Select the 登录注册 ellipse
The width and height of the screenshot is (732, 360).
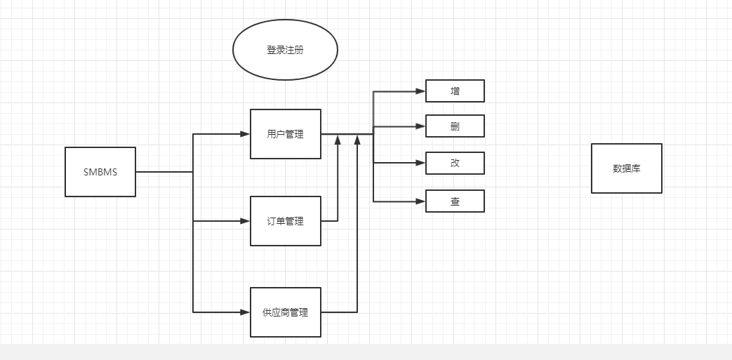[285, 50]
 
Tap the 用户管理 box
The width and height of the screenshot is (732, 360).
[286, 134]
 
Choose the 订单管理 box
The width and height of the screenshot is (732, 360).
[286, 221]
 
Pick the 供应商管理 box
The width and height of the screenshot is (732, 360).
[286, 312]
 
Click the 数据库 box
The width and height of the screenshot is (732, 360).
[626, 168]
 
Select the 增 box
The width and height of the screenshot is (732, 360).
[455, 91]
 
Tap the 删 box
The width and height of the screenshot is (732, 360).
[455, 126]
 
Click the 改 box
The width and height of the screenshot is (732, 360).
[455, 163]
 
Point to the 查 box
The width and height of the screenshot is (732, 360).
[455, 201]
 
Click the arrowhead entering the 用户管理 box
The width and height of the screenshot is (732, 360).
[245, 133]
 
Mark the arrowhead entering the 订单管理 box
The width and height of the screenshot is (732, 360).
[245, 221]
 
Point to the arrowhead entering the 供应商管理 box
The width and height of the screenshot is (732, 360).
[245, 312]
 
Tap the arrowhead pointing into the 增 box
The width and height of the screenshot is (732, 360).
[420, 91]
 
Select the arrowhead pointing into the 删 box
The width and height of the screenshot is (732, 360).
[420, 126]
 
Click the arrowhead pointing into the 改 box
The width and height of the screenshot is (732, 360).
[420, 163]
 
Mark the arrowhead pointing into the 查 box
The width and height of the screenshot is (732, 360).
[420, 201]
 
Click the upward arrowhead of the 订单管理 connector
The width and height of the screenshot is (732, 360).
[338, 140]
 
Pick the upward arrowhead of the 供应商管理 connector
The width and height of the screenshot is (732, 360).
[357, 140]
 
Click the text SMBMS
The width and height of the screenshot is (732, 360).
[100, 172]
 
